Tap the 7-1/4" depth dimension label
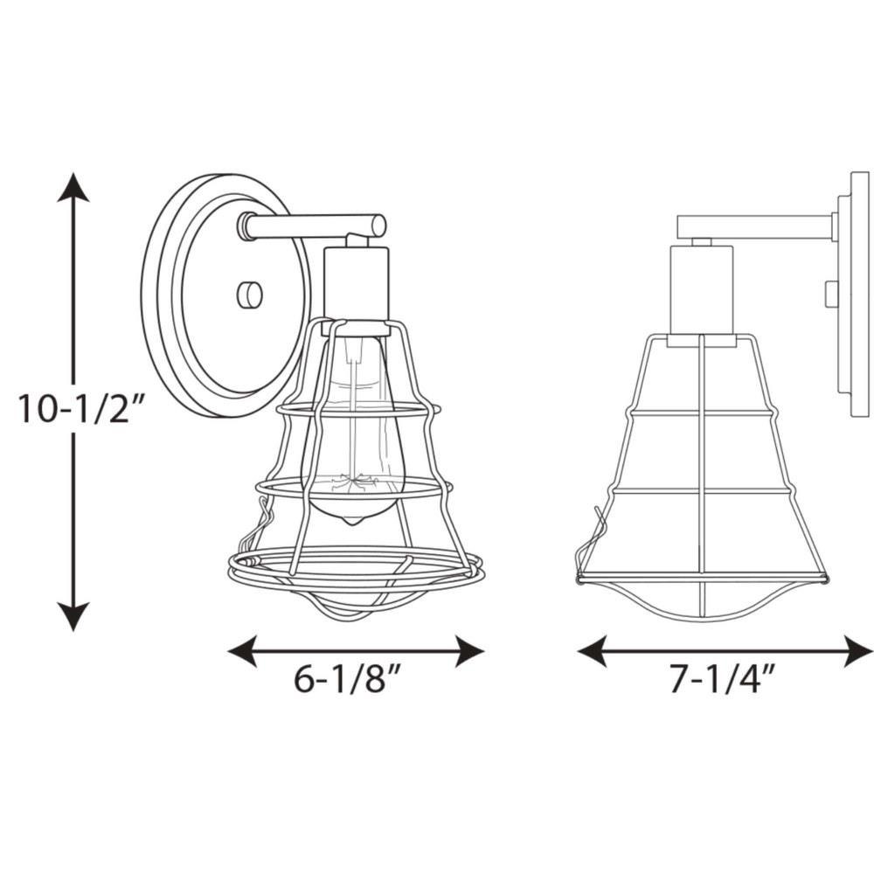click(x=723, y=680)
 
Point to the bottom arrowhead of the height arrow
click(x=73, y=617)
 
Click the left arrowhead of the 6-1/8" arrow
click(x=242, y=651)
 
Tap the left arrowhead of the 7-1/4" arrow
click(x=592, y=651)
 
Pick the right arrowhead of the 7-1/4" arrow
click(x=859, y=651)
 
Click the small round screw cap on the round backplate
click(x=250, y=295)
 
